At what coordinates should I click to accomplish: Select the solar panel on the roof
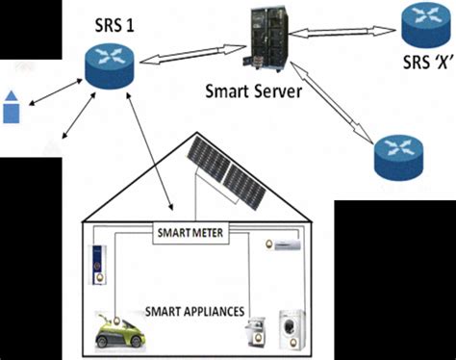[228, 174]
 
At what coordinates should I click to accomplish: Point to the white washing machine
[291, 329]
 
